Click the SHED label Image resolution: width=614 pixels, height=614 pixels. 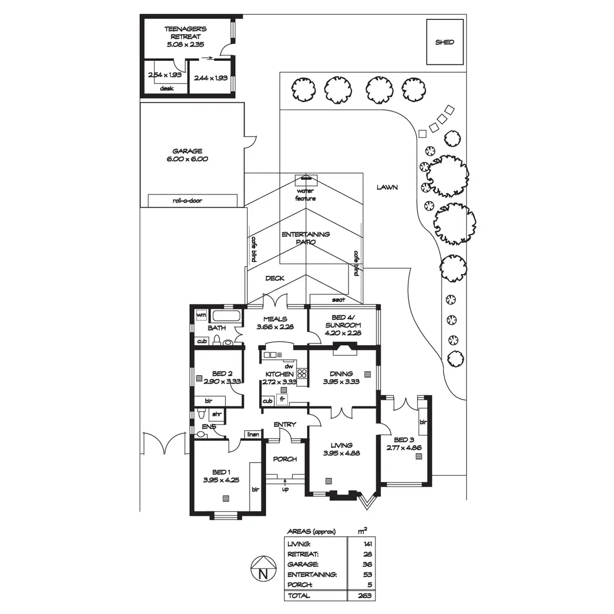coord(444,42)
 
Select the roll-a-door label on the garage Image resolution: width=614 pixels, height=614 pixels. coord(187,201)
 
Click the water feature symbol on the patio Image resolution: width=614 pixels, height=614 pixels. coord(306,180)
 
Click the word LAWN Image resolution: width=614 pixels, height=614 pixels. coord(387,187)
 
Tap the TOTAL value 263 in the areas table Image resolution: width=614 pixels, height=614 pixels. coord(366,596)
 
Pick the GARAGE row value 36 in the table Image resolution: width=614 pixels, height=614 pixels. coord(367,564)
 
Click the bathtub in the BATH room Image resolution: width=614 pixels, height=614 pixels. coord(226,316)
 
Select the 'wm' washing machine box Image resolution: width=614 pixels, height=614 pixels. coord(201,315)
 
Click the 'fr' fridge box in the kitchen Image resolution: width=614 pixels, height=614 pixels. coord(281,398)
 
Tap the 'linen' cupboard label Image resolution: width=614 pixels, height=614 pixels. coord(253,434)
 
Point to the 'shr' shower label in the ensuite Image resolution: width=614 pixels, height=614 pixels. coord(217,414)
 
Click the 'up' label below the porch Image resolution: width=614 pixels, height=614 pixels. coord(285,489)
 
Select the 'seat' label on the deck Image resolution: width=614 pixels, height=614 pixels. coord(338,299)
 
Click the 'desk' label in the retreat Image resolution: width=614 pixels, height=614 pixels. coord(167,89)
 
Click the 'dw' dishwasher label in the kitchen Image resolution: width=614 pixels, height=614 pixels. coord(289,366)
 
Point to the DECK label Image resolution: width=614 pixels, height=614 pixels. coord(275,278)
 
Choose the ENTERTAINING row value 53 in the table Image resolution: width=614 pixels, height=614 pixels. coord(367,575)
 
